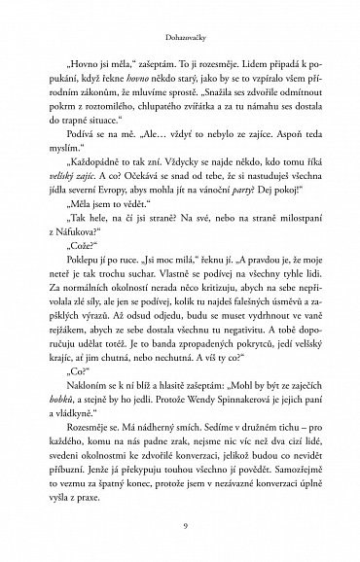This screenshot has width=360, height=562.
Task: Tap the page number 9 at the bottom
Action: [179, 526]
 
